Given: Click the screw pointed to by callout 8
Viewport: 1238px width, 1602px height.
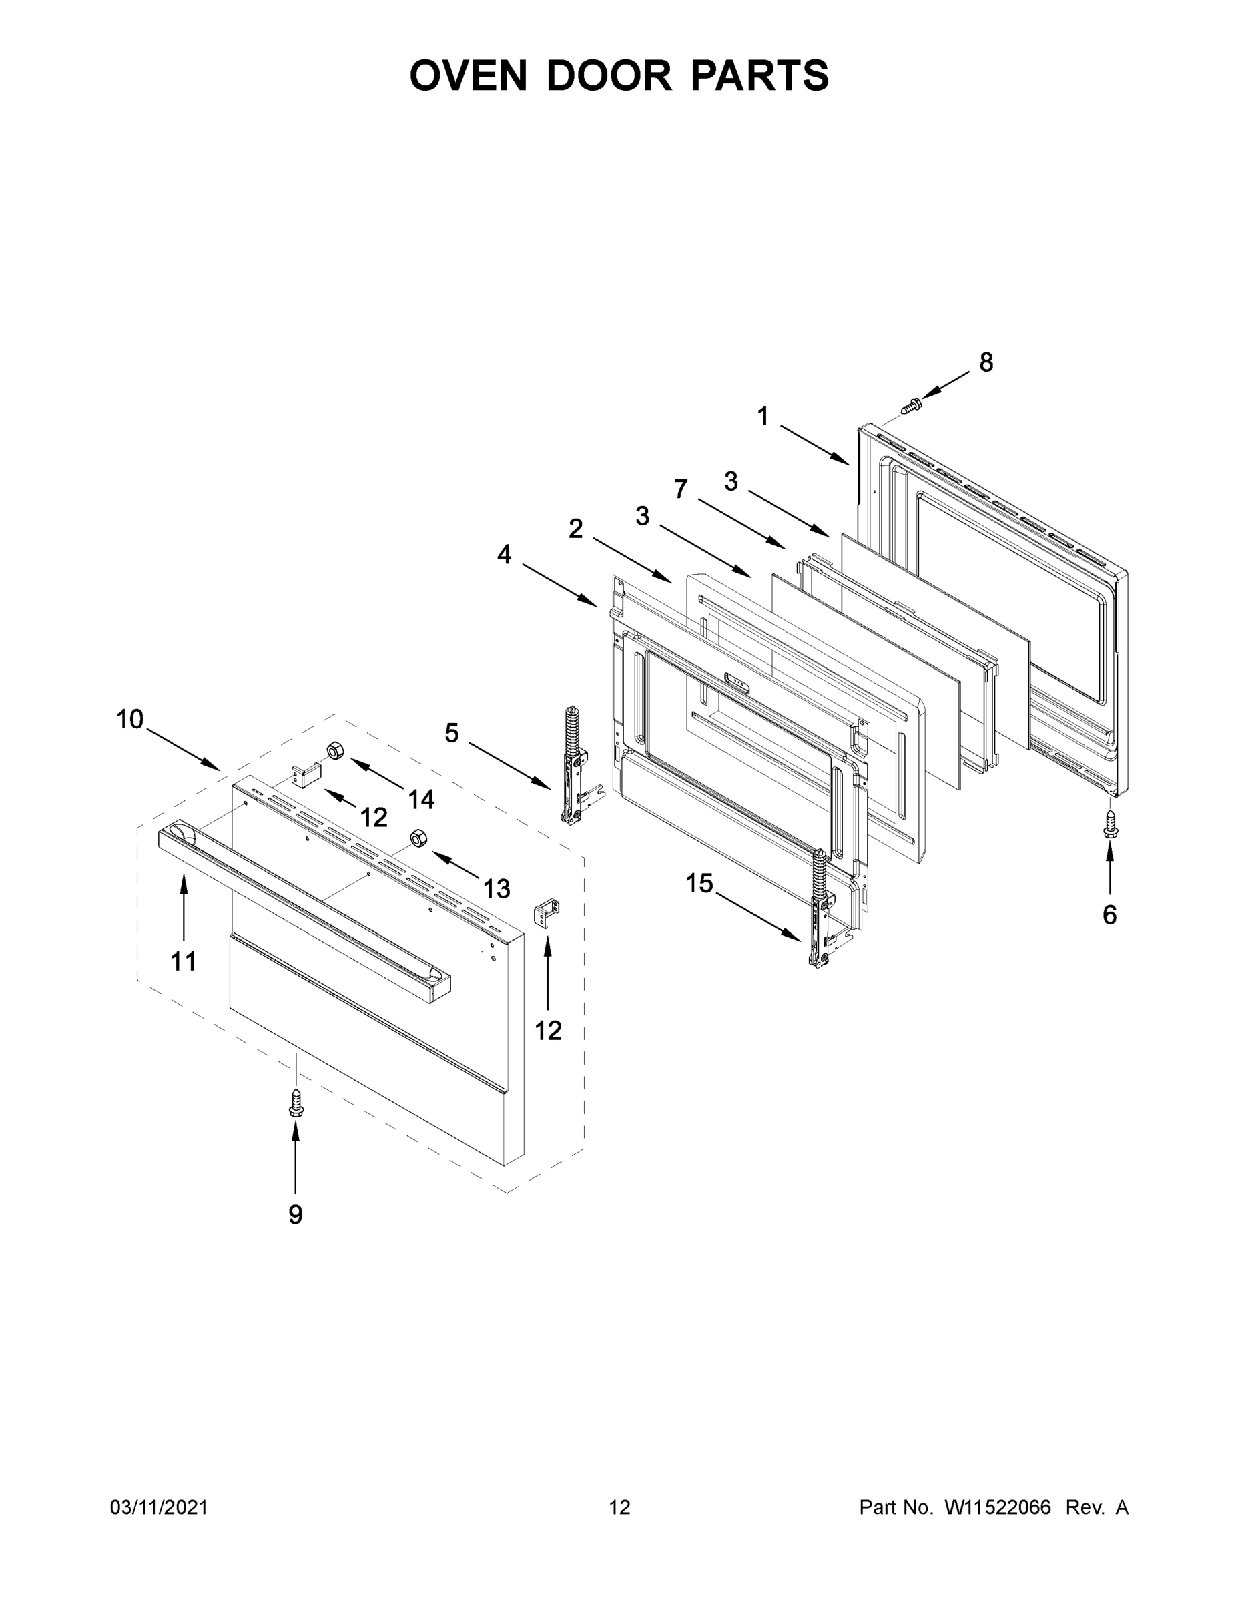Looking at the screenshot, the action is click(x=911, y=403).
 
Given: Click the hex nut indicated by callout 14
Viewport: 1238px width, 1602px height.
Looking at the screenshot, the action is click(x=335, y=750).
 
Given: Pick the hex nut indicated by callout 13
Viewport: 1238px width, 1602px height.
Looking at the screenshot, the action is click(x=418, y=838).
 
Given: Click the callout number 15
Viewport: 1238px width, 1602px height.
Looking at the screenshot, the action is click(x=699, y=883).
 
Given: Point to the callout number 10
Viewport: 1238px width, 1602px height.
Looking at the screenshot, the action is click(x=130, y=720).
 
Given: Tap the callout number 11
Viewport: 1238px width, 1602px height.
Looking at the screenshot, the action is click(x=184, y=961).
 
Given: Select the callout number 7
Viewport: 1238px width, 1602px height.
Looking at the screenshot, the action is click(x=681, y=489).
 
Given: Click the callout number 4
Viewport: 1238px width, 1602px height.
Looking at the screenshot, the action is click(x=505, y=555).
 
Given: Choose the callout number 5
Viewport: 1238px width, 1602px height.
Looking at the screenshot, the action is click(x=452, y=732).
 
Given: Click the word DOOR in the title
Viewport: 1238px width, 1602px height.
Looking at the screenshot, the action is click(x=608, y=75).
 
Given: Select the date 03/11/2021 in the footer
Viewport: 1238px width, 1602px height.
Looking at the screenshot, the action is click(x=158, y=1507).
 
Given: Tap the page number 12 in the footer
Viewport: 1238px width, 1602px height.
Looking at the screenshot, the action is click(x=620, y=1507).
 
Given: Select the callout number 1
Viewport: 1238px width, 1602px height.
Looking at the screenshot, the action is click(x=763, y=416).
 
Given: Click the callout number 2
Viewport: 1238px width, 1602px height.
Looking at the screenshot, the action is click(x=576, y=528).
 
